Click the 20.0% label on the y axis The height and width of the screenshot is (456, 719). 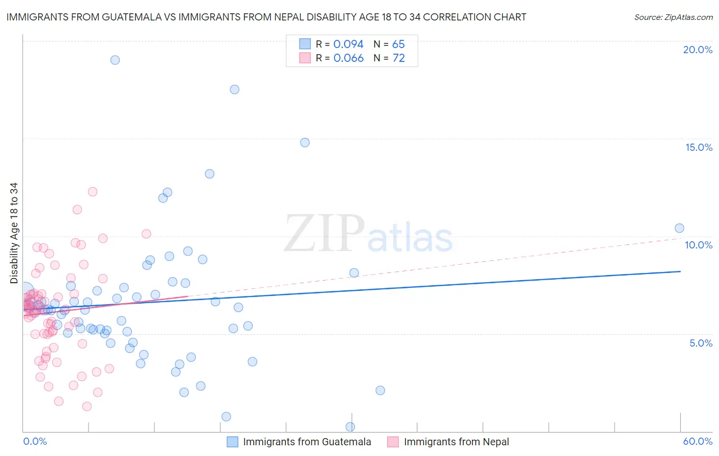[698, 50]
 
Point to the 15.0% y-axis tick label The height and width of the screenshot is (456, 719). [699, 147]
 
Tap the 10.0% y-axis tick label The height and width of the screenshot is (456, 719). [699, 245]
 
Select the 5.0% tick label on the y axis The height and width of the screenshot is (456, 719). [701, 343]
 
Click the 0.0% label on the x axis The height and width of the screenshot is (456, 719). [35, 441]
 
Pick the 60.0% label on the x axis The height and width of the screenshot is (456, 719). [698, 441]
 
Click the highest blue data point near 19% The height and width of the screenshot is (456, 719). [115, 60]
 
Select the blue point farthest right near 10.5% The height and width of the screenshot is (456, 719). [680, 228]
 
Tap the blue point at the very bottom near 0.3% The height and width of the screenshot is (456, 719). [350, 426]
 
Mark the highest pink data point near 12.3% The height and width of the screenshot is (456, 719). [93, 192]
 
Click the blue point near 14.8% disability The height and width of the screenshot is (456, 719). [305, 143]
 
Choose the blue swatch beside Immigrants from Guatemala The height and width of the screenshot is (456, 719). [233, 442]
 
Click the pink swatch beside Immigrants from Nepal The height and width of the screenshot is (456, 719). [393, 442]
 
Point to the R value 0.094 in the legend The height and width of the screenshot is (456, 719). [348, 44]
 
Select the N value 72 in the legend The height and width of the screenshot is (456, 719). [398, 58]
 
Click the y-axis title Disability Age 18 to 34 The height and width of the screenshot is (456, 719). [14, 233]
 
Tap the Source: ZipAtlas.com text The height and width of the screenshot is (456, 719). [673, 17]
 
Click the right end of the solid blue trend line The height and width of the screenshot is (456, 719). [680, 271]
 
